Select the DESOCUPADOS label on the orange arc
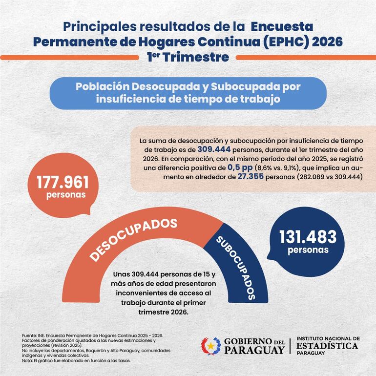pyautogui.click(x=133, y=239)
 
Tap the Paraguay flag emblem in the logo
pyautogui.click(x=211, y=346)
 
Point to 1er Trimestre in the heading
pyautogui.click(x=188, y=57)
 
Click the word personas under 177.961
pyautogui.click(x=66, y=195)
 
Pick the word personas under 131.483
pyautogui.click(x=308, y=250)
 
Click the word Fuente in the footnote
pyautogui.click(x=29, y=336)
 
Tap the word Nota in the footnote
pyautogui.click(x=27, y=360)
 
